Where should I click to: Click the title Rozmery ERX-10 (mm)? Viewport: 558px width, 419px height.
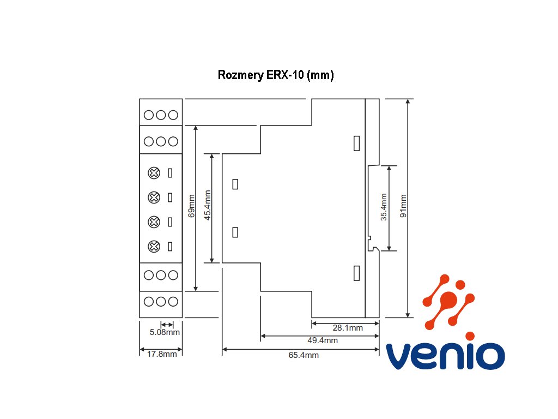pos(276,75)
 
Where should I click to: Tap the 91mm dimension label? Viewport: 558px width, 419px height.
pos(403,206)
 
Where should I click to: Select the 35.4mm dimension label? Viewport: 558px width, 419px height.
pos(383,207)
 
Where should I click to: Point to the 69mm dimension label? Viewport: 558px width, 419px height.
pos(191,206)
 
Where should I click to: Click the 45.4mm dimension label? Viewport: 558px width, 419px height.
pos(207,205)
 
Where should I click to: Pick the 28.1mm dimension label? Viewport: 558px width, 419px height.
pos(348,328)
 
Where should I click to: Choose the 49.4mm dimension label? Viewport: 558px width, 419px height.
pos(323,340)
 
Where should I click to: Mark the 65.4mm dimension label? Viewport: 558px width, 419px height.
pos(304,355)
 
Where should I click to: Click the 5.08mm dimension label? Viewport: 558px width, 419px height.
pos(165,332)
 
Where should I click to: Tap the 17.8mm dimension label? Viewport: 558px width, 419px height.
pos(162,354)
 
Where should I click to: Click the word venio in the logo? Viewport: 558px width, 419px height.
pos(445,356)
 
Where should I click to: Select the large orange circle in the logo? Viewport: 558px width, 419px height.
pos(449,300)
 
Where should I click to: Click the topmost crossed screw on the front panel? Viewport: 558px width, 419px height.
pos(154,173)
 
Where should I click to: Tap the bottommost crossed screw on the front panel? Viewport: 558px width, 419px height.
pos(154,246)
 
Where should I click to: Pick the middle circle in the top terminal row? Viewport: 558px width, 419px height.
pos(161,115)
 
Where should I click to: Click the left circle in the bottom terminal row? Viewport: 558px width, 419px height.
pos(149,301)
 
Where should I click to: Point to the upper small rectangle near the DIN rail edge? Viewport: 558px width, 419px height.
pos(356,143)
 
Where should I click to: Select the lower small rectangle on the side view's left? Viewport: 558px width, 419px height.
pos(235,232)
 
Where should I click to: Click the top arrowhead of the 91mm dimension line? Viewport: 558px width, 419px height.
pos(408,101)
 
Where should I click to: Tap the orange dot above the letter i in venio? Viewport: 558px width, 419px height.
pos(470,336)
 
